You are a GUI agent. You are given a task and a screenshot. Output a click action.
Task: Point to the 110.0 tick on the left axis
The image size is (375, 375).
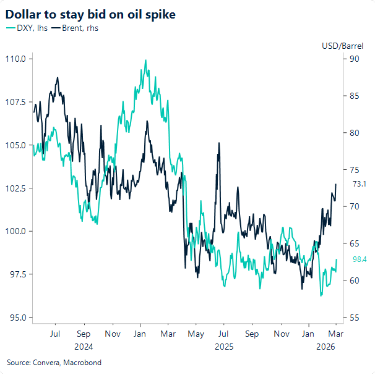15,59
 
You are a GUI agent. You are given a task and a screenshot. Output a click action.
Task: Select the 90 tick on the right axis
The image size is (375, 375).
355,59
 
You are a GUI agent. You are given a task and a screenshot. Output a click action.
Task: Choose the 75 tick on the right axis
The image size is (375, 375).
355,170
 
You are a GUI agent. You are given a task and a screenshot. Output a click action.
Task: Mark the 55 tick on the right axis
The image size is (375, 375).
355,318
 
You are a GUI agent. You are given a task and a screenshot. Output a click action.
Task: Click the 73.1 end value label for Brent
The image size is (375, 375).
360,184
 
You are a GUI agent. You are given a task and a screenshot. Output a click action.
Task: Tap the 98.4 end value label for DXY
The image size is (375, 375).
360,259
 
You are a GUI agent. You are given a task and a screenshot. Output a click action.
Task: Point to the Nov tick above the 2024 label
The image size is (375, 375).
112,334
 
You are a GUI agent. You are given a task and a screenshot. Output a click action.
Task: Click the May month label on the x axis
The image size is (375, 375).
196,334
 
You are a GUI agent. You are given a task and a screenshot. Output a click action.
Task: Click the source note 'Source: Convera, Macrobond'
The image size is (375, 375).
54,363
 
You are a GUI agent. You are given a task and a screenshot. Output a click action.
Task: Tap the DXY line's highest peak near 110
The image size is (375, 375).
145,61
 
